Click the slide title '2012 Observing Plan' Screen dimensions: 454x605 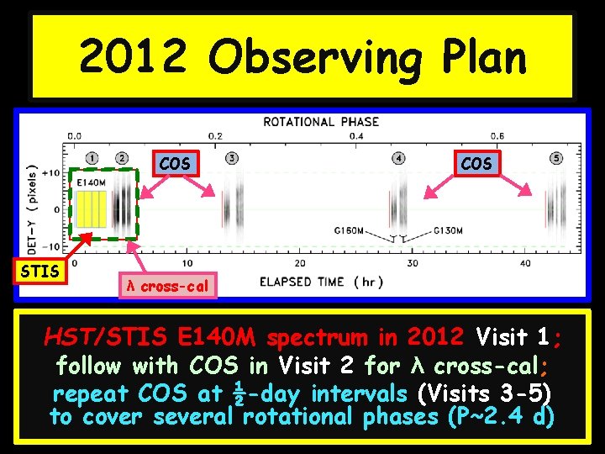[x=302, y=58]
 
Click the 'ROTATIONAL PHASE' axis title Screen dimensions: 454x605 [x=321, y=122]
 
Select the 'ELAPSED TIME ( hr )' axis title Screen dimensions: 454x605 [x=322, y=282]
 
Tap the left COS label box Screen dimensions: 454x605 [x=174, y=163]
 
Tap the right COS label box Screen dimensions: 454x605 [x=476, y=163]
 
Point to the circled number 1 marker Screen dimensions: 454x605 [x=92, y=158]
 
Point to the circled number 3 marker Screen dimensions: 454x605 [x=231, y=158]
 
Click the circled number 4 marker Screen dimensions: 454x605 [x=397, y=158]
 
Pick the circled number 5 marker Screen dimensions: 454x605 [x=555, y=158]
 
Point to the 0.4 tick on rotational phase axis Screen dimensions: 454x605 [x=356, y=135]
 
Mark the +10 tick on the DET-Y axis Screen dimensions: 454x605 [x=51, y=173]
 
